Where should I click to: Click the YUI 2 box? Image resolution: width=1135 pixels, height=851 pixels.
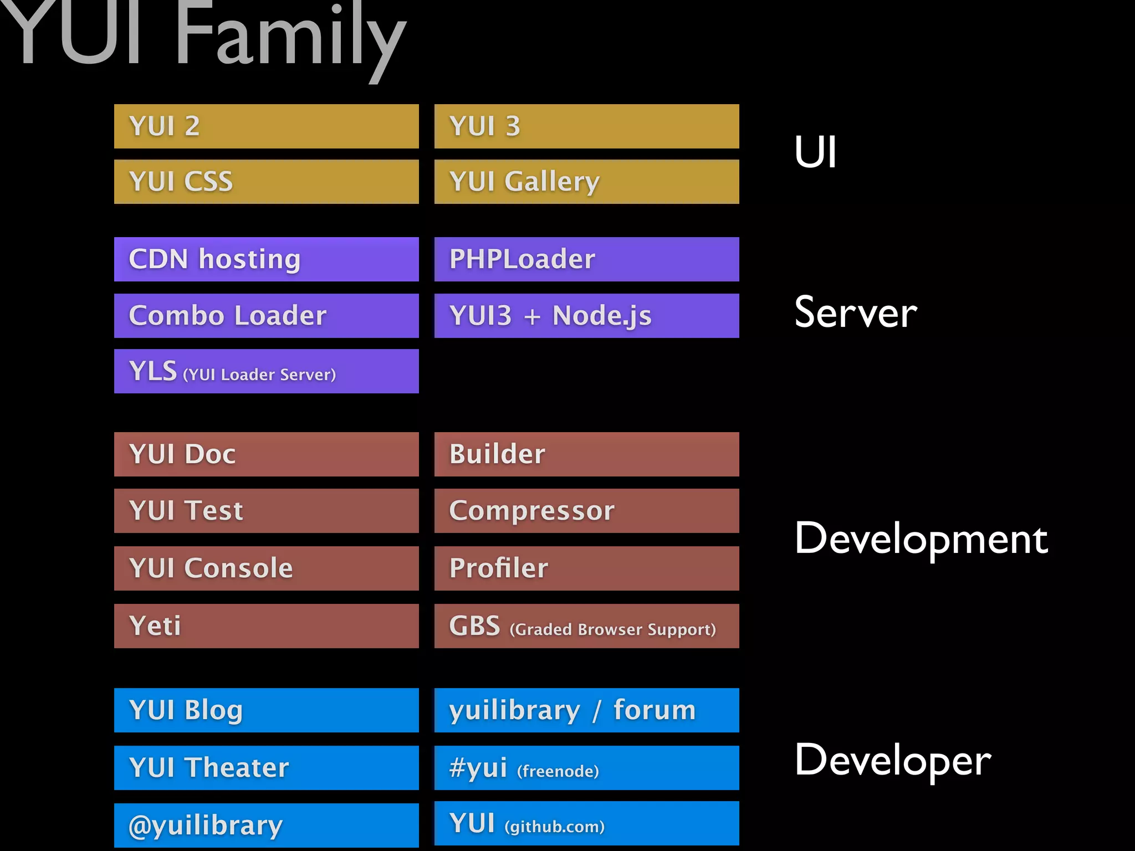coord(266,126)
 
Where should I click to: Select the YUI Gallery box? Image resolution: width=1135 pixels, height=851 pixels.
coord(586,182)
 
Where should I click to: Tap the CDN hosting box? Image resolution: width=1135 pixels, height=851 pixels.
coord(266,259)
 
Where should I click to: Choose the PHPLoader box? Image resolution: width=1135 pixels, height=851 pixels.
coord(586,259)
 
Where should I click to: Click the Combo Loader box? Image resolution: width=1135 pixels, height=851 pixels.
coord(266,316)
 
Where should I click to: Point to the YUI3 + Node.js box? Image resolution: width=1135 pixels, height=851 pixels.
coord(586,316)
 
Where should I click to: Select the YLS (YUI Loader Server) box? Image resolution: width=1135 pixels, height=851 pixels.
coord(266,371)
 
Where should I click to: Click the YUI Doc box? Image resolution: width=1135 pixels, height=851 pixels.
coord(266,454)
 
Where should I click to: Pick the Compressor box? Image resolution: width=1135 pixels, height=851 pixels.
coord(586,511)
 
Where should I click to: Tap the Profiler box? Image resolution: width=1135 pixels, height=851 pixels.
coord(586,568)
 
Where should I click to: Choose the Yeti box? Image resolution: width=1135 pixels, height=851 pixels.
coord(266,626)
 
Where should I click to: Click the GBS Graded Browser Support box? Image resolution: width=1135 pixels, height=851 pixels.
coord(586,626)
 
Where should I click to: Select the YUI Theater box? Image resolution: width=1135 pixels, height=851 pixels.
coord(266,768)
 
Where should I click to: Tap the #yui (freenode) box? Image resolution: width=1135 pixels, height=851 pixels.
coord(586,768)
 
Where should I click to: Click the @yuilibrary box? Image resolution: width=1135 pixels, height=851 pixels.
coord(266,826)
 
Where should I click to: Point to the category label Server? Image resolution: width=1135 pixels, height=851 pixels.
coord(855,313)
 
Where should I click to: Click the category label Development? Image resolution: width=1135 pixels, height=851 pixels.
coord(921,539)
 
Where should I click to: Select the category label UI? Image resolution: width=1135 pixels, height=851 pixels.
coord(815,152)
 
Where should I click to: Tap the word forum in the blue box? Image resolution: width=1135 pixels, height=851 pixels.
coord(654,710)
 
